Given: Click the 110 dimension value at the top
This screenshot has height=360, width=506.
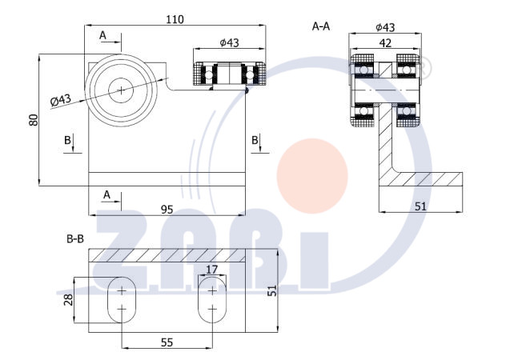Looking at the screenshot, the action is pos(175,20).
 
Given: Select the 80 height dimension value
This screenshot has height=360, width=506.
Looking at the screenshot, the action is pos(34,120).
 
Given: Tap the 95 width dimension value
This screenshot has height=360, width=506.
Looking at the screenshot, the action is pos(167,210).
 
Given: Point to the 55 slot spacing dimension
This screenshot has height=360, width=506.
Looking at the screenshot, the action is pos(167,342).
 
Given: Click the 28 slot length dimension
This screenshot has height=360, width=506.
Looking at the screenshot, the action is pos(68,300).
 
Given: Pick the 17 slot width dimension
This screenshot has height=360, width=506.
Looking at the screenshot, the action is pos(211,269).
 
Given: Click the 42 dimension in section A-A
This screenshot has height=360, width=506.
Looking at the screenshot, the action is pos(385,43).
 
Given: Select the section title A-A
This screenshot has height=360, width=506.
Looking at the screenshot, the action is pos(321,26).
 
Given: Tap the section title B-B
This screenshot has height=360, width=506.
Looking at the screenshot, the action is pos(75,239).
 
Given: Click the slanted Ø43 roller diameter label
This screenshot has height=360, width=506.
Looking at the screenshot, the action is pos(61,100).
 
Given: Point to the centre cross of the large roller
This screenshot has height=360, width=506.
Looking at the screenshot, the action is pos(121,90).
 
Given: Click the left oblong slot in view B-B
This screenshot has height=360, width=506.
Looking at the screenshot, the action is pos(122,300).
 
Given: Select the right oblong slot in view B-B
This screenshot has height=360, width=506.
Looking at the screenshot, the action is pos(212,300).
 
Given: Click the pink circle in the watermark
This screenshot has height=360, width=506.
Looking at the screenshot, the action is pos(312,176).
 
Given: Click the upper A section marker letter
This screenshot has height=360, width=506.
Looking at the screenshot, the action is pos(102,35).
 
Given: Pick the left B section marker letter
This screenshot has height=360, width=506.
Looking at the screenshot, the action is pos(67,140).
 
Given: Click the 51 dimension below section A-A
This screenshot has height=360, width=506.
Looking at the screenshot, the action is pos(420,206).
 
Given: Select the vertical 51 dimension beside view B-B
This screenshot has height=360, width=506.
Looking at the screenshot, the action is pos(273,290).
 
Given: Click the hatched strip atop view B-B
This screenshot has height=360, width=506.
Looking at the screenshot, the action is pos(167,255).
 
